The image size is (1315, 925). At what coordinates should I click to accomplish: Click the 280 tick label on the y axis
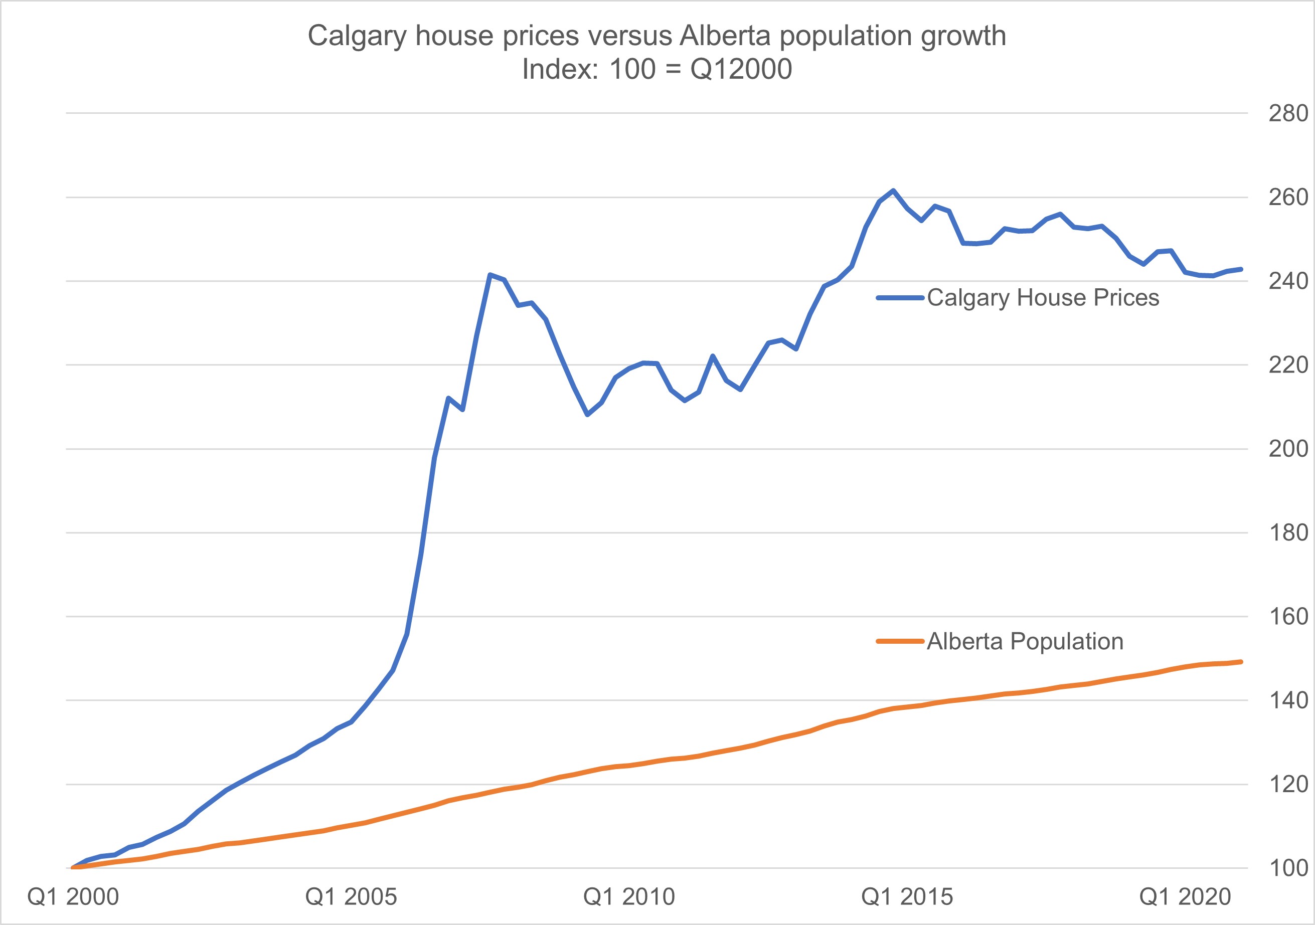pos(1288,113)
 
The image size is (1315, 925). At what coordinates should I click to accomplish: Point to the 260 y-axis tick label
pos(1288,198)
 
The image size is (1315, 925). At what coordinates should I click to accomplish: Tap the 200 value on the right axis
pos(1288,449)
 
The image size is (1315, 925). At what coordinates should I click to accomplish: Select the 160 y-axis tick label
pos(1288,617)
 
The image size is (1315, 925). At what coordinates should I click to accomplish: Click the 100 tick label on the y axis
pos(1288,868)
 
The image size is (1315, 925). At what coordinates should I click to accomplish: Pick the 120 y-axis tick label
pos(1288,784)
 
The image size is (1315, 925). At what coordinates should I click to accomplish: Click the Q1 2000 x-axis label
pos(73,897)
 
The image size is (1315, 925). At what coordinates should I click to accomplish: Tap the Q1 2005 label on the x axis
pos(351,897)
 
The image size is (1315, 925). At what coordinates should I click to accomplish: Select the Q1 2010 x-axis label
pos(629,897)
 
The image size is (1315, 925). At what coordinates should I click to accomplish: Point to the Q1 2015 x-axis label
pos(907,897)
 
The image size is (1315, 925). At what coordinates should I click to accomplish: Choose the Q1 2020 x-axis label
pos(1185,897)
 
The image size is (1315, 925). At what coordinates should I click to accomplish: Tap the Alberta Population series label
pos(1025,641)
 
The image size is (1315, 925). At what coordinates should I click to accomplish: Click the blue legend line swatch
pos(900,298)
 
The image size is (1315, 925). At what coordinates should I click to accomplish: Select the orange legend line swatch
pos(900,641)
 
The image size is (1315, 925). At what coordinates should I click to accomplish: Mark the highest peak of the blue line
pos(893,190)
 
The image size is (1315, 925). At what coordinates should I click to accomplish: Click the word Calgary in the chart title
pos(357,37)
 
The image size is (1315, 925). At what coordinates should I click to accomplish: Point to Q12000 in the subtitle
pos(741,70)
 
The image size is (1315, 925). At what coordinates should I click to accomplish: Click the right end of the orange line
pos(1241,662)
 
